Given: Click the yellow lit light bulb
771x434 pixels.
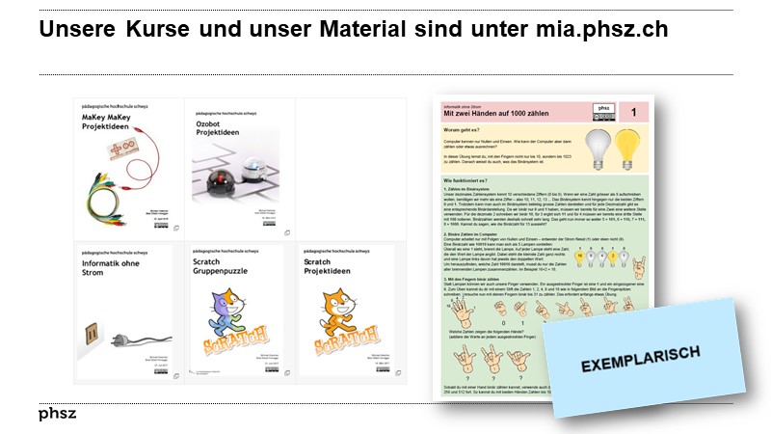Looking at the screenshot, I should pos(630,144).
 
